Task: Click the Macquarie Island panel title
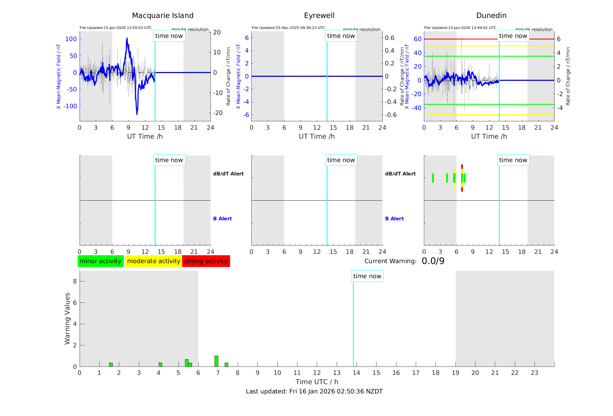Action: pyautogui.click(x=162, y=16)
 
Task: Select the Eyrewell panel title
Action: pyautogui.click(x=319, y=16)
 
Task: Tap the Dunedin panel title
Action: pyautogui.click(x=491, y=16)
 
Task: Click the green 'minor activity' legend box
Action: pyautogui.click(x=100, y=261)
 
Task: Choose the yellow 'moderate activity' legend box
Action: pyautogui.click(x=153, y=261)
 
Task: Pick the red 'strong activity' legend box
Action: pyautogui.click(x=206, y=261)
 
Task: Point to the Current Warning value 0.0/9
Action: pyautogui.click(x=433, y=261)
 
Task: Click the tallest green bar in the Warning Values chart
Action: pyautogui.click(x=216, y=361)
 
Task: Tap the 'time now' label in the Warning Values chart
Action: pyautogui.click(x=367, y=276)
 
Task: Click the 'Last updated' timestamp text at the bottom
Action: pyautogui.click(x=314, y=391)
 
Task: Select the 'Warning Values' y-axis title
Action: pyautogui.click(x=67, y=318)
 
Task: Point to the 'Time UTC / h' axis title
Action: pyautogui.click(x=317, y=382)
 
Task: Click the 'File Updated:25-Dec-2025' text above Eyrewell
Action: pyautogui.click(x=288, y=28)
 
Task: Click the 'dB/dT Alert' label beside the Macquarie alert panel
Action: pyautogui.click(x=228, y=174)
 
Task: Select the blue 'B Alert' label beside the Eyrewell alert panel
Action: pyautogui.click(x=394, y=219)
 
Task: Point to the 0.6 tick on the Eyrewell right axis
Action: pyautogui.click(x=389, y=38)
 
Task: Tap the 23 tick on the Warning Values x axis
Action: pyautogui.click(x=535, y=373)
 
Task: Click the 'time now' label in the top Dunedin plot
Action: pyautogui.click(x=513, y=36)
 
